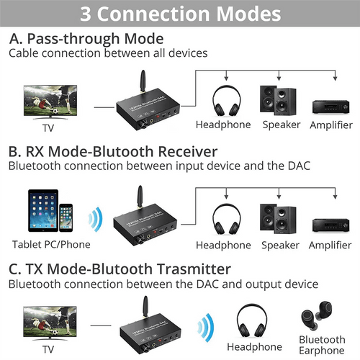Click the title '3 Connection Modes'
[180, 13]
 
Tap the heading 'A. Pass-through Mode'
[86, 38]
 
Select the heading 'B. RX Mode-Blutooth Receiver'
[112, 152]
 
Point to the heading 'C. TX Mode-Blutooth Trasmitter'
[120, 269]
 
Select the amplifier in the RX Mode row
[330, 223]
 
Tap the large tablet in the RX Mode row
[42, 212]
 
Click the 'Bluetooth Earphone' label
[323, 345]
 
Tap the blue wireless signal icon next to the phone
[92, 218]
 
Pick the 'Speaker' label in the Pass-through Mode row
[280, 125]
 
